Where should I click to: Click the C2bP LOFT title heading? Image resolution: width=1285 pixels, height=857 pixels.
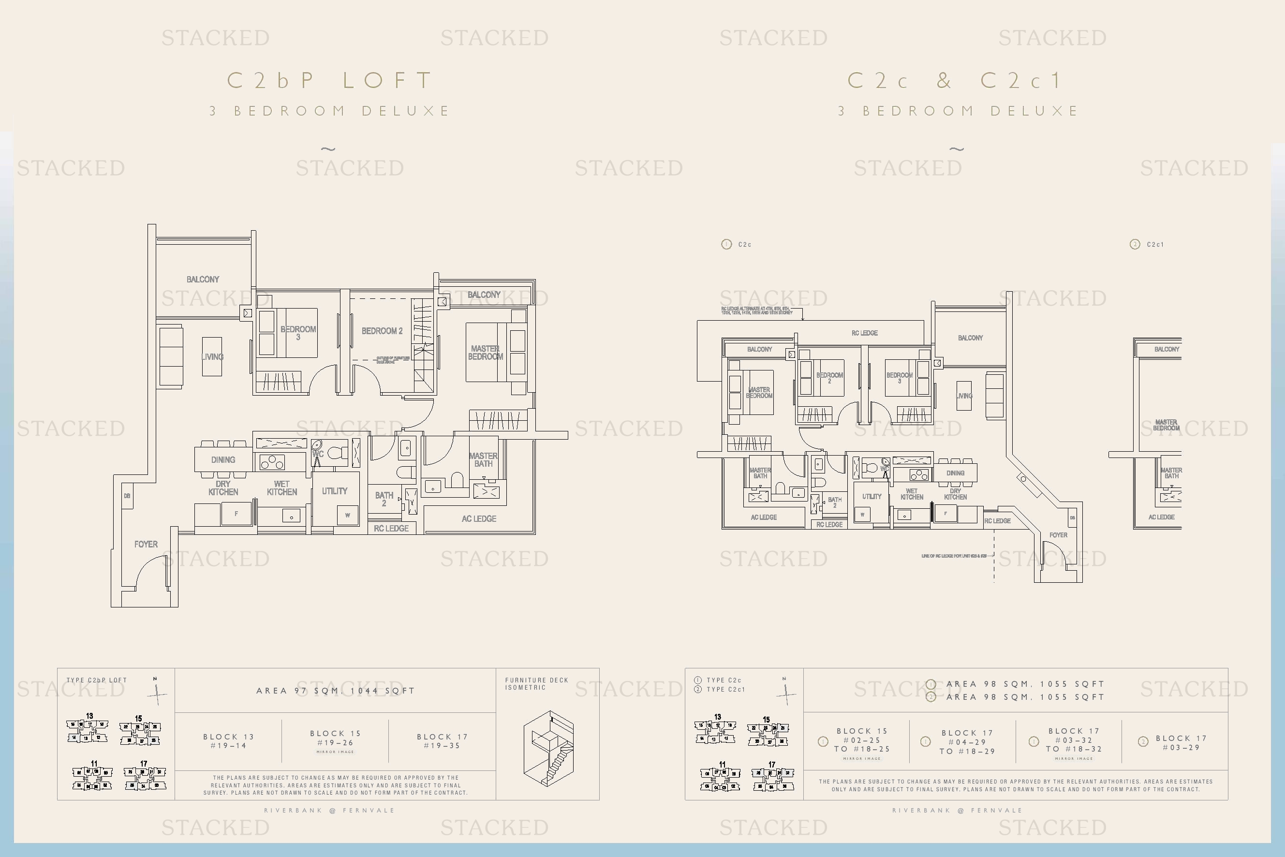(x=330, y=81)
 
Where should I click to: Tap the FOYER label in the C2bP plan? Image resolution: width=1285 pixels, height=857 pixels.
(x=146, y=545)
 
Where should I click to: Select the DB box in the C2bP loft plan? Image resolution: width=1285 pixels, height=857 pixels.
(x=127, y=496)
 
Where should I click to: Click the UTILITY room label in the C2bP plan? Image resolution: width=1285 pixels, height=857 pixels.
(x=335, y=491)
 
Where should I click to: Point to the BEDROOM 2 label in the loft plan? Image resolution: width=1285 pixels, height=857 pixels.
(x=382, y=331)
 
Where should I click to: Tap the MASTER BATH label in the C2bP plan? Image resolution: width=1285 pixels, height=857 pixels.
(x=483, y=459)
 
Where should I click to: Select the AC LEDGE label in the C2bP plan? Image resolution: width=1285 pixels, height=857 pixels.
(x=479, y=518)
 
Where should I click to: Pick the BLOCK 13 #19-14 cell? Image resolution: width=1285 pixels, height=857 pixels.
(x=228, y=741)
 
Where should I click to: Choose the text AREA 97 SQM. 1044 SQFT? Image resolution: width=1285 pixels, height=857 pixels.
(x=336, y=691)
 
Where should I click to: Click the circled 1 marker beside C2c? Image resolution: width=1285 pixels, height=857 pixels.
(x=726, y=244)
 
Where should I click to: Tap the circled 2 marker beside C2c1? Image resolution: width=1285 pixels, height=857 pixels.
(x=1135, y=244)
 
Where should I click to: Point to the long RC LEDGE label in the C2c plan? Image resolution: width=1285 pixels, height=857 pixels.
(x=864, y=333)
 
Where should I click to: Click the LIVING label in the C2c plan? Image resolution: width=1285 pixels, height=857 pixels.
(x=964, y=396)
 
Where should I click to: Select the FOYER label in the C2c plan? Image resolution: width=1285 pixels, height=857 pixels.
(x=1058, y=535)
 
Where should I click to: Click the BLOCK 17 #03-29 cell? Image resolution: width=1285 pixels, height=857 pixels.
(x=1181, y=743)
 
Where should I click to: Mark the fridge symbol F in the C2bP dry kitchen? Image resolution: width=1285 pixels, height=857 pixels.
(x=236, y=514)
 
